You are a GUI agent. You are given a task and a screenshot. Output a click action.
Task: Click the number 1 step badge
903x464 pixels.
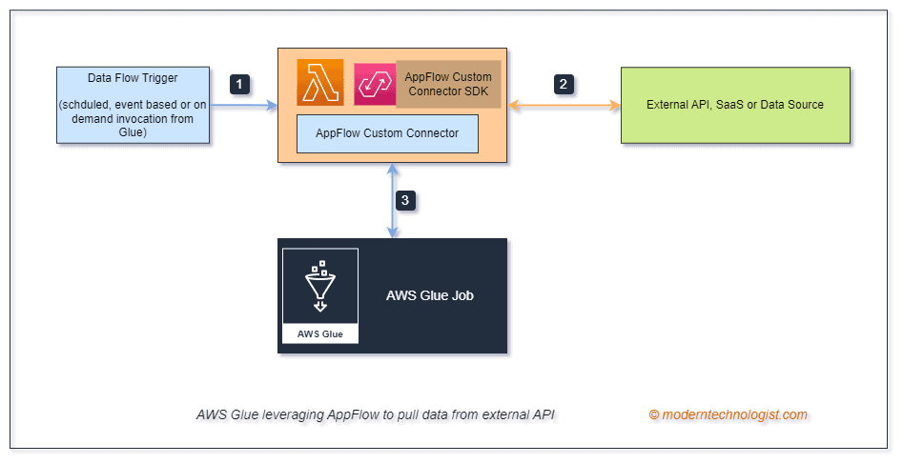tap(241, 84)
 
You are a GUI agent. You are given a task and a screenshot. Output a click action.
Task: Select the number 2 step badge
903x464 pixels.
tap(564, 84)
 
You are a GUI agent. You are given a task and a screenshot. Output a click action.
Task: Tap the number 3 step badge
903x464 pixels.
tap(405, 201)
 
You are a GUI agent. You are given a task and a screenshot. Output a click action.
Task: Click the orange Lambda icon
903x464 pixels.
tap(319, 83)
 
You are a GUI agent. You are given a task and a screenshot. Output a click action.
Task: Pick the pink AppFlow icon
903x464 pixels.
tap(374, 84)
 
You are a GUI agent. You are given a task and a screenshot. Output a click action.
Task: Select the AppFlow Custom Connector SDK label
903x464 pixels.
tap(449, 83)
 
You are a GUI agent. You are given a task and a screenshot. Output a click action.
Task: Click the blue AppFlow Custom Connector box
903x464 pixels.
tap(387, 133)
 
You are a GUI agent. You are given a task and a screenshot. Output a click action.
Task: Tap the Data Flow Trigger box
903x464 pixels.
tap(133, 105)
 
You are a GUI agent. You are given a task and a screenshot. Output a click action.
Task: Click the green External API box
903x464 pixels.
tap(734, 105)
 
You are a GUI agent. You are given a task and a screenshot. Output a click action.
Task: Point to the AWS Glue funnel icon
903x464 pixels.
tap(319, 286)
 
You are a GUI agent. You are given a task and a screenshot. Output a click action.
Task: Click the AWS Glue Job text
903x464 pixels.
tap(430, 295)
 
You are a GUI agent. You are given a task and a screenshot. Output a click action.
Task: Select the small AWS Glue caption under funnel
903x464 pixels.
tap(320, 334)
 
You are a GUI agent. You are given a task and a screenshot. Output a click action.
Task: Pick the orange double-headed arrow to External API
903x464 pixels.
tap(564, 105)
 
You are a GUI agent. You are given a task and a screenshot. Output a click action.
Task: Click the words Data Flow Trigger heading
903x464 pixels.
tap(133, 77)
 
